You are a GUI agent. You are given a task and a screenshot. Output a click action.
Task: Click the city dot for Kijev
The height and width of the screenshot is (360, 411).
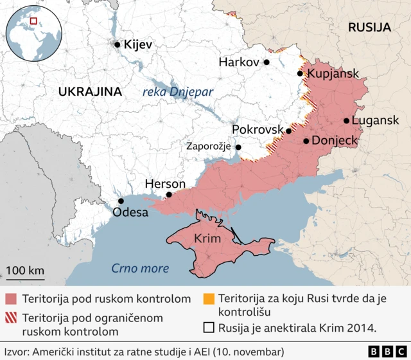pos(117,44)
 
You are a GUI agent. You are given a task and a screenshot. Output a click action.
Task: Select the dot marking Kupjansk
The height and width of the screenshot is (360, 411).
pos(300,73)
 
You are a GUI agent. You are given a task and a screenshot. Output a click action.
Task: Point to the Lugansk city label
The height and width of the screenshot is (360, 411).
pos(377,120)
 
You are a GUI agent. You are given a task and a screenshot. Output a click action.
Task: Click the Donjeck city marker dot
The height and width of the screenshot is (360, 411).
pos(306,140)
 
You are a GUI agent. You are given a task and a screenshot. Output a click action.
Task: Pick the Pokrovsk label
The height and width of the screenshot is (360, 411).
pos(257,130)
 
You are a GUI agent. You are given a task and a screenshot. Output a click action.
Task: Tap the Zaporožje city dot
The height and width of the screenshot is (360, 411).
pos(238,147)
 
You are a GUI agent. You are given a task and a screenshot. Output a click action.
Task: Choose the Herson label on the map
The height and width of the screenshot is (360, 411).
pos(165,184)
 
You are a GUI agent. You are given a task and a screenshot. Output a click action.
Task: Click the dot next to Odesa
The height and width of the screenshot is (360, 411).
pos(121,201)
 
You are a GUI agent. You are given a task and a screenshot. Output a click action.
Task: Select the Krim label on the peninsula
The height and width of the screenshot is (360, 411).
pos(207,239)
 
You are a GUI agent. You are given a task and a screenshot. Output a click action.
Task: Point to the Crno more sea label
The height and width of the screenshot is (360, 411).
pos(140,268)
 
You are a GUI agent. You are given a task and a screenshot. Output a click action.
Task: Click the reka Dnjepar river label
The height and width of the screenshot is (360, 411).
pos(178,92)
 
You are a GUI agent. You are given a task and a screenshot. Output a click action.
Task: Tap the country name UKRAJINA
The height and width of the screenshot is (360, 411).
pos(90,91)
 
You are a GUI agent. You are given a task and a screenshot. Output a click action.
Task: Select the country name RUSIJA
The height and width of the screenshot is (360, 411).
pos(369,27)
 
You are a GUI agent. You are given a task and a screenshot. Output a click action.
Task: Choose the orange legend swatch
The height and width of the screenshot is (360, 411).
pos(208,299)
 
